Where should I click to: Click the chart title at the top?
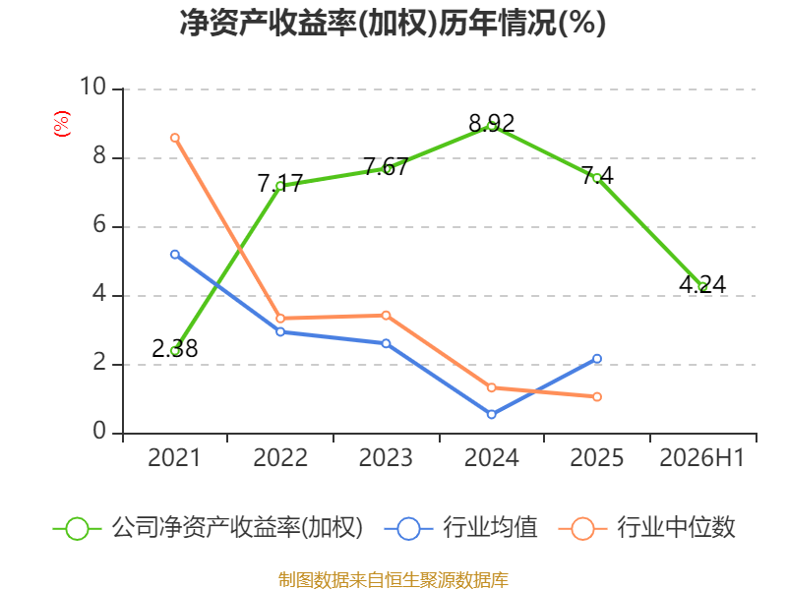(x=393, y=23)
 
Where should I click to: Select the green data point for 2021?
(x=175, y=351)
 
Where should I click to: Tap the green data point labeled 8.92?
(x=491, y=127)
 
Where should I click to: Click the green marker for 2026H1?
(x=702, y=287)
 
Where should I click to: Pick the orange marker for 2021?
(x=175, y=138)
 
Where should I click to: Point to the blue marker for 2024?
(x=491, y=414)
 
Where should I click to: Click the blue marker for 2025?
(x=597, y=359)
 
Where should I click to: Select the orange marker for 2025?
(x=597, y=397)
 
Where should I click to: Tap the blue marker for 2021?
(x=175, y=255)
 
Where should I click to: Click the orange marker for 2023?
(x=386, y=316)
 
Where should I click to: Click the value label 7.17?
(x=280, y=183)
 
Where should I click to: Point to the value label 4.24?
(x=702, y=285)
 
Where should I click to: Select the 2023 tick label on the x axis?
(x=386, y=457)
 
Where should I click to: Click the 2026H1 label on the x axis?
(x=701, y=457)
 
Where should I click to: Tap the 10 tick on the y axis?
(x=93, y=87)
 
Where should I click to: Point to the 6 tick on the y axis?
(x=99, y=225)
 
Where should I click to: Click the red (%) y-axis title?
(x=62, y=124)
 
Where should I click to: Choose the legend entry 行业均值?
(x=460, y=528)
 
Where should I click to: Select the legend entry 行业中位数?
(x=647, y=528)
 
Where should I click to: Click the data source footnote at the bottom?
(x=393, y=580)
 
